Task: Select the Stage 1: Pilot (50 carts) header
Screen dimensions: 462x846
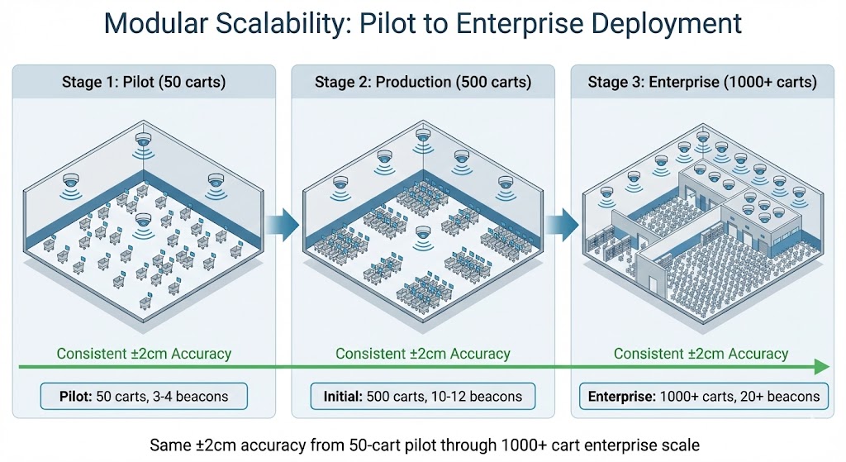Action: tap(143, 82)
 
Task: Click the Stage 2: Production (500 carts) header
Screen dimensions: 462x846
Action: tap(422, 82)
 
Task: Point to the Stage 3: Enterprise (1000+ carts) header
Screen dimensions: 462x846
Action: tap(701, 82)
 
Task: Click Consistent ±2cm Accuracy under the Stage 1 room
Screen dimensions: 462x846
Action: tap(144, 353)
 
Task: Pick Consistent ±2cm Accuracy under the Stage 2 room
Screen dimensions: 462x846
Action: tap(422, 353)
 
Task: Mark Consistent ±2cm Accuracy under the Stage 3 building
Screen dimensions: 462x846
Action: tap(701, 353)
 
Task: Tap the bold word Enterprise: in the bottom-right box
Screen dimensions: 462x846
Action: tap(622, 397)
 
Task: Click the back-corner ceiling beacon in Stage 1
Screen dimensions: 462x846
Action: tap(144, 141)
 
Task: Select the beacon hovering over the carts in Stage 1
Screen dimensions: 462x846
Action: tap(144, 220)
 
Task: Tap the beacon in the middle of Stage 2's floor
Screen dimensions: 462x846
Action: tap(424, 232)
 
